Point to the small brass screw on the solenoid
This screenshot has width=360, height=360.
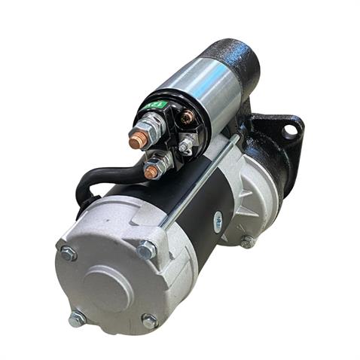click(x=188, y=117)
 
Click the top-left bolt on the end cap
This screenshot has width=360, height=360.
click(x=67, y=254)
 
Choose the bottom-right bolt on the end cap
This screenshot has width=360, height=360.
click(x=150, y=321)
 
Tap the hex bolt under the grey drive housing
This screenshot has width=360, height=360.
click(x=246, y=242)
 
